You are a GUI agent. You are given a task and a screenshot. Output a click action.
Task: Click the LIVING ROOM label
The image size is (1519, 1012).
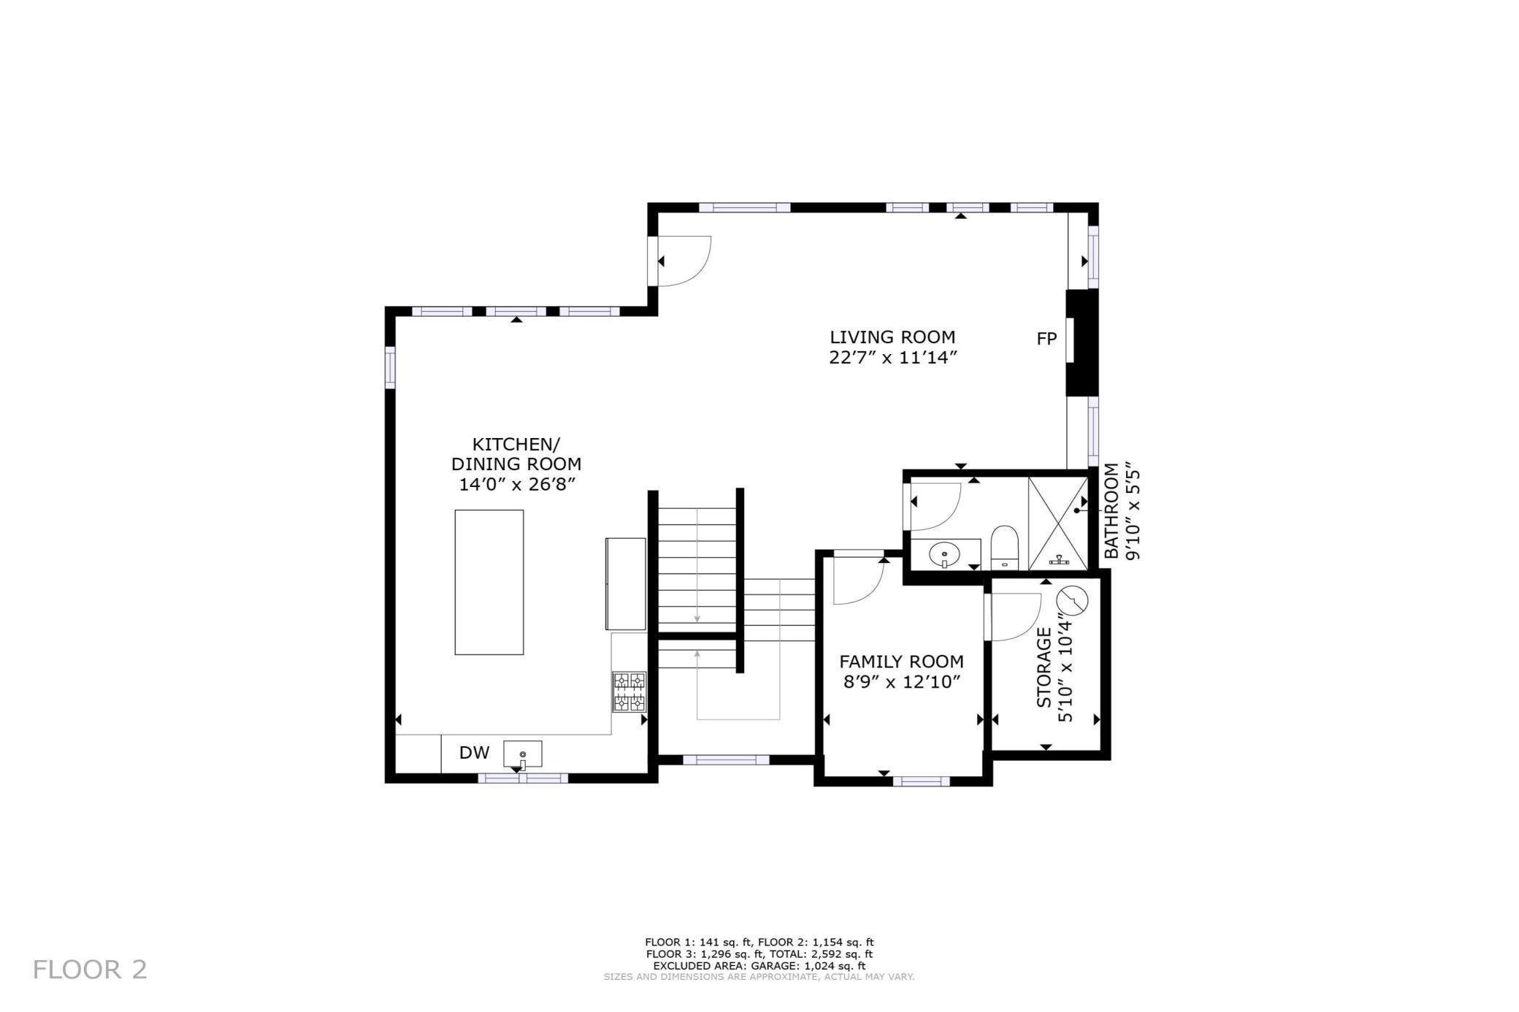click(x=892, y=337)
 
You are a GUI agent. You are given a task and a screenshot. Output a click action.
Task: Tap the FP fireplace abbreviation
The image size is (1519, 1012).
click(x=1047, y=339)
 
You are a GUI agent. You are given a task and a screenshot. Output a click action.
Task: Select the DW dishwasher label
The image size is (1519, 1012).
click(x=474, y=752)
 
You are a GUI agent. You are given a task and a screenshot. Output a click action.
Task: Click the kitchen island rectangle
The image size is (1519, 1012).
click(x=489, y=582)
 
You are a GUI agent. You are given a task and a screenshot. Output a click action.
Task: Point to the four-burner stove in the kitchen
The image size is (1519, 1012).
click(x=629, y=691)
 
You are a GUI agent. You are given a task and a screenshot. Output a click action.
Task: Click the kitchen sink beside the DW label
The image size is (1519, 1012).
click(x=522, y=754)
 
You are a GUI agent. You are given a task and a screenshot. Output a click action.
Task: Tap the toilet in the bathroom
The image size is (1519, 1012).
click(x=1004, y=548)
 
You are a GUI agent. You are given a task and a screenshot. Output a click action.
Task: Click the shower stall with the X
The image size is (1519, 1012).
click(x=1057, y=523)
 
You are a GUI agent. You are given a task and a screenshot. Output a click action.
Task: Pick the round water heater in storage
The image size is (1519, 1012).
click(x=1072, y=601)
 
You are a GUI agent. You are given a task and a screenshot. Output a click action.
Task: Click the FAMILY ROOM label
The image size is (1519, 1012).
click(x=901, y=662)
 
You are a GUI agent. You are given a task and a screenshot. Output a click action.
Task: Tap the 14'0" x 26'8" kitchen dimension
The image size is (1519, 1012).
click(x=516, y=484)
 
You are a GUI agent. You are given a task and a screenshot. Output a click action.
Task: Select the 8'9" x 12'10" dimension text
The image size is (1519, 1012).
click(x=901, y=682)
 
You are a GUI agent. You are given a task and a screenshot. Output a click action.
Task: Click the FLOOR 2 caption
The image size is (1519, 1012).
click(x=90, y=970)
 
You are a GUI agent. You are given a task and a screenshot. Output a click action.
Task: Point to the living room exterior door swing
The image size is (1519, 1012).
click(x=683, y=261)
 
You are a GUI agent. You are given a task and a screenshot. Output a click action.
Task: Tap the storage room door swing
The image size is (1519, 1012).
click(x=1014, y=616)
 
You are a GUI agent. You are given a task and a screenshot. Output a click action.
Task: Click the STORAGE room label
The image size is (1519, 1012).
click(x=1044, y=667)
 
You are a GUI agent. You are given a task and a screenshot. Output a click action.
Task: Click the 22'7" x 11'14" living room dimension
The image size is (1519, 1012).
click(x=892, y=358)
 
